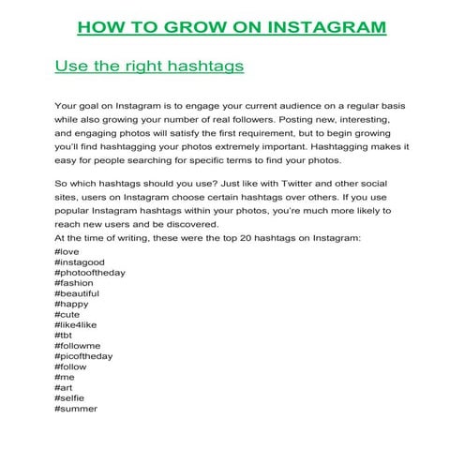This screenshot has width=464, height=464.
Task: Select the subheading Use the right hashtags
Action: coord(150,67)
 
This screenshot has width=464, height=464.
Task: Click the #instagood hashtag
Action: coord(80,263)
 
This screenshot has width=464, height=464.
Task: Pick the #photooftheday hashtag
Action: coord(90,274)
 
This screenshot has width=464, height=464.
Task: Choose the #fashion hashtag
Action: coord(74,284)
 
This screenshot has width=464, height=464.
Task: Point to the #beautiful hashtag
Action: coord(78,294)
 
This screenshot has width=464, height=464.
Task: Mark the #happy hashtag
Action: coord(72,305)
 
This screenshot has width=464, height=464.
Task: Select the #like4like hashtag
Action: coord(76,325)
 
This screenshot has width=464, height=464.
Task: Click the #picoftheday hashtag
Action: coord(84,356)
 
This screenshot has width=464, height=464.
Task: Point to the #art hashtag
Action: coord(65,387)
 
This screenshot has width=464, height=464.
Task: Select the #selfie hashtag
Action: coord(69,397)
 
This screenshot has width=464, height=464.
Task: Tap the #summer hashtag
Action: coord(76,408)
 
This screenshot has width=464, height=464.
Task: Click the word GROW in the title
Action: coord(189,26)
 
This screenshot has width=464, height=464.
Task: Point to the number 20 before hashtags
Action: coord(242,241)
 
